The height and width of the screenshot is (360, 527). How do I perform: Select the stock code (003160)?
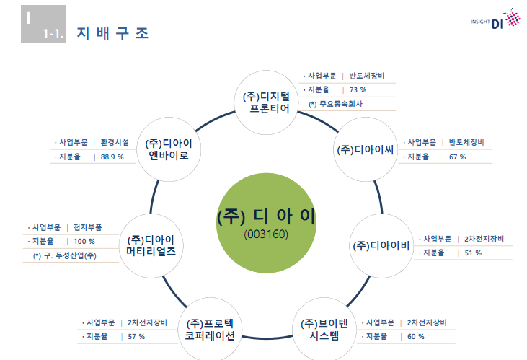[266, 235]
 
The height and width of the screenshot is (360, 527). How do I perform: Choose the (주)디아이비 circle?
[381, 245]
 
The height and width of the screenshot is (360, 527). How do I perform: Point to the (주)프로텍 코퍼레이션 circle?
[210, 329]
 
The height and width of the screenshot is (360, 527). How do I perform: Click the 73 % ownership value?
[358, 90]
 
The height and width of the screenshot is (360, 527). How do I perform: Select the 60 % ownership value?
[415, 336]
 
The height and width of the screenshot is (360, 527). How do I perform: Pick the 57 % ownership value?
[136, 336]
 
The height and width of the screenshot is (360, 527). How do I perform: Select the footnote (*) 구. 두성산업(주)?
[65, 255]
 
